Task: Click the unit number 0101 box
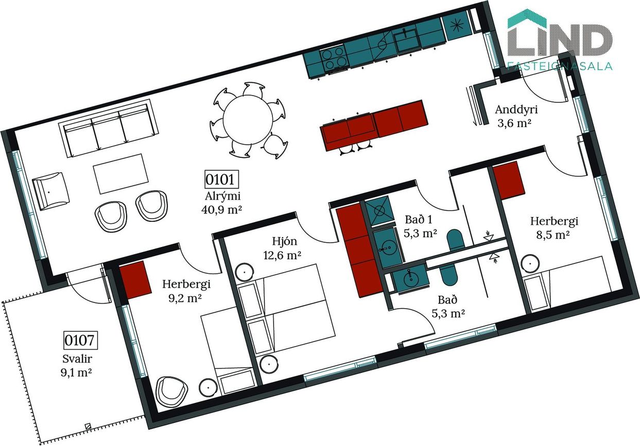point(222,180)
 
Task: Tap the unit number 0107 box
point(80,340)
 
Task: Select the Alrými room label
point(222,196)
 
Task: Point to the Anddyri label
point(516,110)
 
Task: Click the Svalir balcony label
point(77,359)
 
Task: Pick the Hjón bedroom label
point(284,241)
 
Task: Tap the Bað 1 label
point(419,219)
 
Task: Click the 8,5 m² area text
point(553,235)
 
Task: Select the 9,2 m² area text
point(185,298)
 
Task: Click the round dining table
point(248,120)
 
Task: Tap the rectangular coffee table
point(121,174)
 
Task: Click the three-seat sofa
point(108,128)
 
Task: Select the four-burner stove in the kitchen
point(334,59)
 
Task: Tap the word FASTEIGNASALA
point(560,66)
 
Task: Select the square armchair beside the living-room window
point(50,191)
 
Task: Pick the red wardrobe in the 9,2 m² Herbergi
point(135,279)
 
